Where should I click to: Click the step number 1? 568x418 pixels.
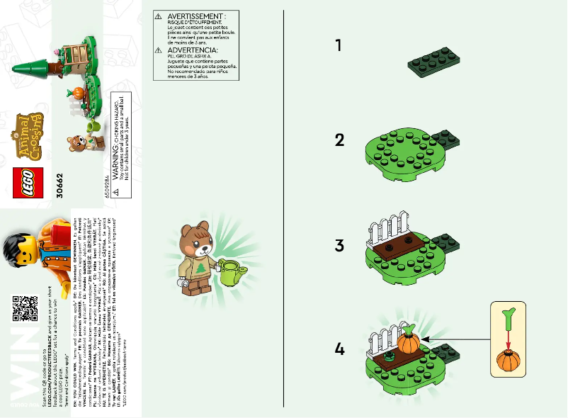[339, 45]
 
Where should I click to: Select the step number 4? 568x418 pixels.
[339, 349]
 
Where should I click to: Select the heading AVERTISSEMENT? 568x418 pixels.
[197, 16]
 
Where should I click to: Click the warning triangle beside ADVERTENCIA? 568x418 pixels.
[159, 51]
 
